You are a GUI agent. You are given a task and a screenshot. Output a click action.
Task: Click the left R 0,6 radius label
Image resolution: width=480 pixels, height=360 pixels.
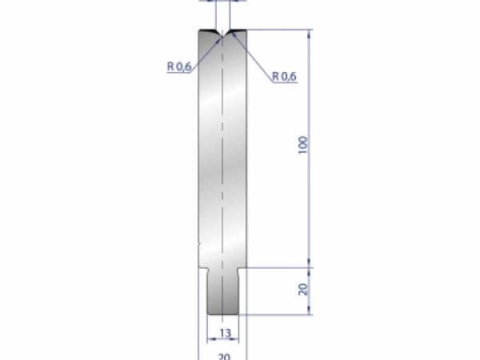tap(178, 67)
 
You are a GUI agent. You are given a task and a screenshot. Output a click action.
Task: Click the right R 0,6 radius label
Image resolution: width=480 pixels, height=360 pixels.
tap(284, 76)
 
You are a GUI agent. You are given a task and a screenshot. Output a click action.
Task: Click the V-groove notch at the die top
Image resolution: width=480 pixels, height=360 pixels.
tap(222, 34)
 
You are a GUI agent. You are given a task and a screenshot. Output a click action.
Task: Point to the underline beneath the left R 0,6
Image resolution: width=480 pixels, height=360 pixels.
tap(179, 74)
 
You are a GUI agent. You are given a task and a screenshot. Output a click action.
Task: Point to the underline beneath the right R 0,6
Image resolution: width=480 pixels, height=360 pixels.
tap(284, 82)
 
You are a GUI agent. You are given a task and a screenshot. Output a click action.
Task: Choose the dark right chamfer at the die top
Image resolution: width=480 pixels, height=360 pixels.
tap(237, 32)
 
